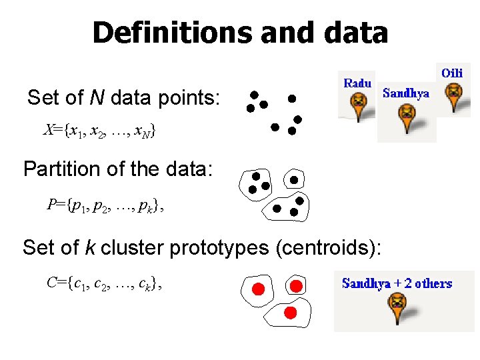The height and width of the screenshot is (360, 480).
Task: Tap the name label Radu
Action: click(x=357, y=83)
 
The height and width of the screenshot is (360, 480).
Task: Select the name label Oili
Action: click(x=452, y=72)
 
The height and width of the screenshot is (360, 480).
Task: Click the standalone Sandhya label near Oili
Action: click(x=406, y=93)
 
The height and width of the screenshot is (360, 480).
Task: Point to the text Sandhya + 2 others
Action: click(x=397, y=283)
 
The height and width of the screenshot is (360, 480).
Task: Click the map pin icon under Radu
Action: click(x=359, y=104)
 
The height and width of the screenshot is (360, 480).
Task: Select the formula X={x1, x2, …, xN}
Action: click(x=99, y=131)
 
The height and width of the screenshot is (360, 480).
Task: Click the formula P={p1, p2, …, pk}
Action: click(x=104, y=205)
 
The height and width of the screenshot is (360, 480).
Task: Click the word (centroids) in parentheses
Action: click(x=327, y=248)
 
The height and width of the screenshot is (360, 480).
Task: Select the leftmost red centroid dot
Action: click(x=258, y=289)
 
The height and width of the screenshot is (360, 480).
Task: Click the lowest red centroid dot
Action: click(x=290, y=312)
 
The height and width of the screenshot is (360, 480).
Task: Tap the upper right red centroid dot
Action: click(x=297, y=285)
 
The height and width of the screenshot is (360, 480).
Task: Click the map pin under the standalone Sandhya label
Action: click(x=406, y=119)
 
